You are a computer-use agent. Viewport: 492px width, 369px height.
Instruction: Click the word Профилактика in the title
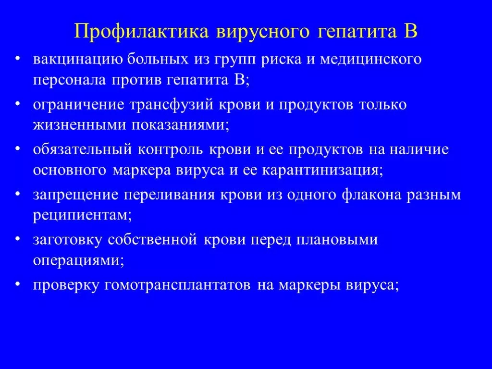(141, 31)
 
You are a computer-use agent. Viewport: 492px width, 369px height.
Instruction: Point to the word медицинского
(370, 60)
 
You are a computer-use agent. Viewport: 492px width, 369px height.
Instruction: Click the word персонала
(69, 80)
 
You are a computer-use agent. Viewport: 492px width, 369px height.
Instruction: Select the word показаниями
(180, 125)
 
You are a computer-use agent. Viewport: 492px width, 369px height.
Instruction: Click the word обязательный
(82, 149)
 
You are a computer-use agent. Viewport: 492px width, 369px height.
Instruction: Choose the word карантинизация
(322, 171)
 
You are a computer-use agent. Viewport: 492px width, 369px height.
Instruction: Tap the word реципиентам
(82, 216)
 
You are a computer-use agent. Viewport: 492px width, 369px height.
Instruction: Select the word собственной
(152, 239)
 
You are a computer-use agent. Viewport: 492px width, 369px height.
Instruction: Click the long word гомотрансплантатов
(177, 285)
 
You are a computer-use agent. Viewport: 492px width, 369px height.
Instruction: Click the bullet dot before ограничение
(18, 104)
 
